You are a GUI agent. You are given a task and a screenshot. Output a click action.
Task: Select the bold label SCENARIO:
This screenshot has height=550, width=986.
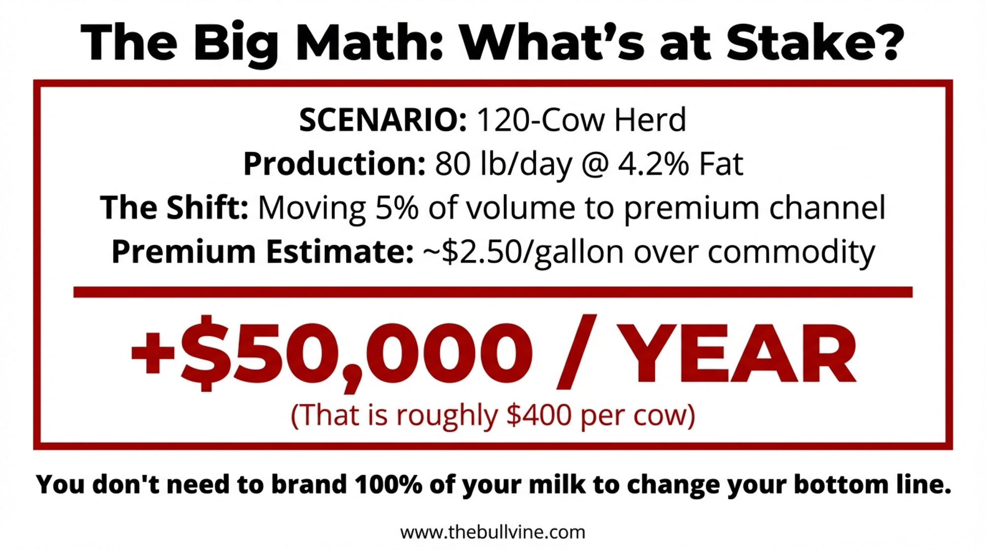[383, 120]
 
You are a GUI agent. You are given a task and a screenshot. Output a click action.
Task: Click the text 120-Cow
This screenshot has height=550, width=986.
[540, 120]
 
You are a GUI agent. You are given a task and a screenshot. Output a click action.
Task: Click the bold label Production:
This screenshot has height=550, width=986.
[334, 164]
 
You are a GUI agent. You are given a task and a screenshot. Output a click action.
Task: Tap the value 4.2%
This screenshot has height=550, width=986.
[653, 164]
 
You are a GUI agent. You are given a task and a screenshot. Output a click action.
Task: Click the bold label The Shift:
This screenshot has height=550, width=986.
[174, 207]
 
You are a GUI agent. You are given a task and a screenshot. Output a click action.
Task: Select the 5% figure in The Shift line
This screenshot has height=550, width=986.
[397, 207]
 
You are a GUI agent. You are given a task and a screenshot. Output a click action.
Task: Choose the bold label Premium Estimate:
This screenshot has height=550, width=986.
[262, 251]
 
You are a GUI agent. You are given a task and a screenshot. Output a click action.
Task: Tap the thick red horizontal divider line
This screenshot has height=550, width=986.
[493, 292]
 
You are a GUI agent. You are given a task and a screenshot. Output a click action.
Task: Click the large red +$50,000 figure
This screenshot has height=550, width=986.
[332, 352]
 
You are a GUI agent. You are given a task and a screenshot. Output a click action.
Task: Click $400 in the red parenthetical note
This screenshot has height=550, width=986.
[539, 415]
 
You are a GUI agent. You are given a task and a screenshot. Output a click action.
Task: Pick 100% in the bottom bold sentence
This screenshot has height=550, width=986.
[388, 484]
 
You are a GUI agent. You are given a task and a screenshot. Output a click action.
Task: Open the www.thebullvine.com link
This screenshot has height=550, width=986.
[493, 532]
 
